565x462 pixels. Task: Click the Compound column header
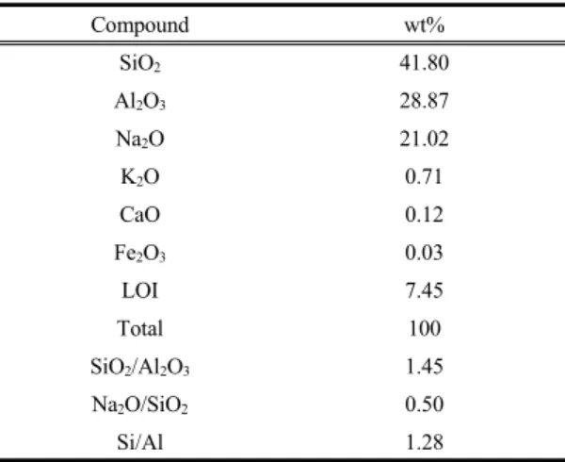point(139,25)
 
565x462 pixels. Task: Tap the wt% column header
point(425,25)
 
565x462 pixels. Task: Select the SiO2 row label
point(139,63)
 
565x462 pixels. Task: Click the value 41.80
point(424,63)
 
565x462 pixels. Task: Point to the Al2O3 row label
point(139,101)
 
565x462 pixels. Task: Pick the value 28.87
point(424,101)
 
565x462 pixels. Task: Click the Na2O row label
point(139,140)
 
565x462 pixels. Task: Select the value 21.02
point(424,139)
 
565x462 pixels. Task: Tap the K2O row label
point(139,177)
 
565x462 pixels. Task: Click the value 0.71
point(424,176)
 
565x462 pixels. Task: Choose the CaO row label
point(139,215)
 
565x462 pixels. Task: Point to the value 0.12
point(424,215)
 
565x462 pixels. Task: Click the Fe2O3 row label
point(139,254)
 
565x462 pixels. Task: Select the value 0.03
point(424,253)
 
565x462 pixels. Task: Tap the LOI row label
point(139,290)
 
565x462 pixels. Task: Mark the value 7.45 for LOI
point(424,290)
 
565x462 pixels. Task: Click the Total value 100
point(425,328)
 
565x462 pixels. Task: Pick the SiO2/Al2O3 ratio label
point(139,367)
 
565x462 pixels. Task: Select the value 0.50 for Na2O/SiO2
point(424,404)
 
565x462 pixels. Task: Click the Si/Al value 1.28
point(424,442)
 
